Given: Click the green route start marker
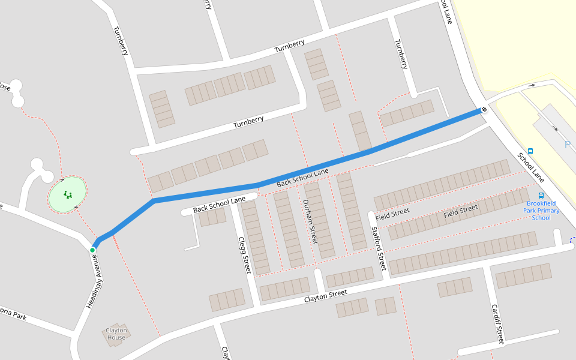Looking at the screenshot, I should tap(92, 250).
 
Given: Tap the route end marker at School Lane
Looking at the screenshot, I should tap(482, 110).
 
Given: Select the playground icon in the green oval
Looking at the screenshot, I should tap(68, 194).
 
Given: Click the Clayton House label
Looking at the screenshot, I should tap(116, 334).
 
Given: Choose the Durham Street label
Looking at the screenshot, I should tap(310, 221).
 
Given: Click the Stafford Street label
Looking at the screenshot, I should tap(379, 248).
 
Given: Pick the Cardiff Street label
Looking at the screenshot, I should tap(497, 325).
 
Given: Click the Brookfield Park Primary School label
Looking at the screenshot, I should tap(541, 211).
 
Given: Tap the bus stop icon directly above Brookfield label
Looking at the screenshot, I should tap(541, 196).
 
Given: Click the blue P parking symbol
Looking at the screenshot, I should tap(567, 145).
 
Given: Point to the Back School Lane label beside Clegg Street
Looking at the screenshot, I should tap(220, 205).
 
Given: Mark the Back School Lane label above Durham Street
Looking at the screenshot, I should tap(302, 178).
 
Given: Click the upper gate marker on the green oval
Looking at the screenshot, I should tap(62, 179).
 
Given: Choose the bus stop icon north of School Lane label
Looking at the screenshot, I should tap(530, 151).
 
